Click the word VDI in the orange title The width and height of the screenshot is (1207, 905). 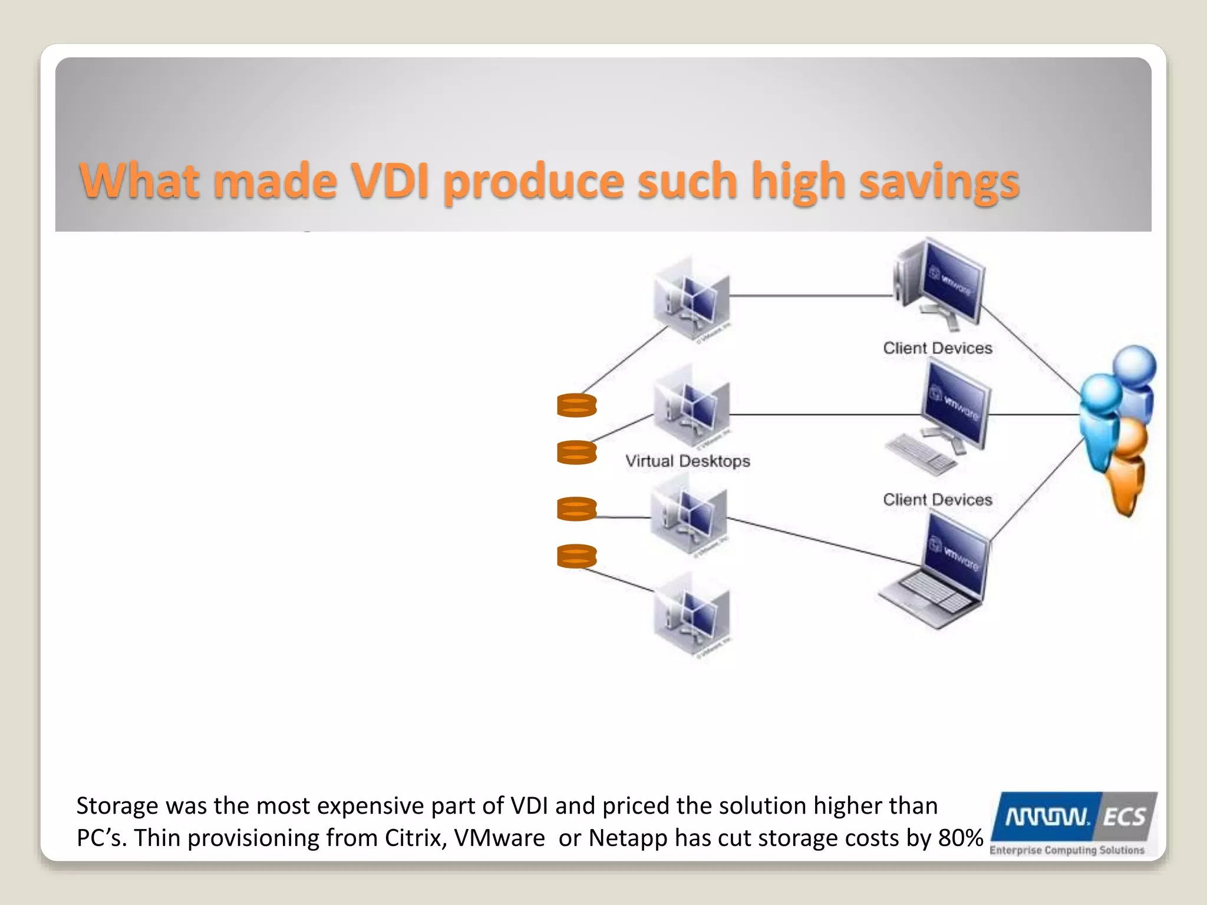click(x=390, y=180)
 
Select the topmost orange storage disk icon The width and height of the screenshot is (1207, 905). click(x=576, y=405)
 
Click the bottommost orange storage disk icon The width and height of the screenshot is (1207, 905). click(x=576, y=556)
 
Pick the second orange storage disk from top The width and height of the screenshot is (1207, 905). click(x=576, y=452)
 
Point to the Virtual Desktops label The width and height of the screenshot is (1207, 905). click(x=687, y=461)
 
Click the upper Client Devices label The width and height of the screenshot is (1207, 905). click(x=937, y=348)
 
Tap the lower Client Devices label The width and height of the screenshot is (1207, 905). click(x=937, y=500)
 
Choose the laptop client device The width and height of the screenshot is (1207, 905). click(x=937, y=574)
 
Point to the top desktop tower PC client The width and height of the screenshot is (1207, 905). click(x=937, y=283)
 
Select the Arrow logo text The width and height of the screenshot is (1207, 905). click(x=1047, y=817)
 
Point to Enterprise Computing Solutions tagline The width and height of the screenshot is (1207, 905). click(x=1067, y=850)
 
